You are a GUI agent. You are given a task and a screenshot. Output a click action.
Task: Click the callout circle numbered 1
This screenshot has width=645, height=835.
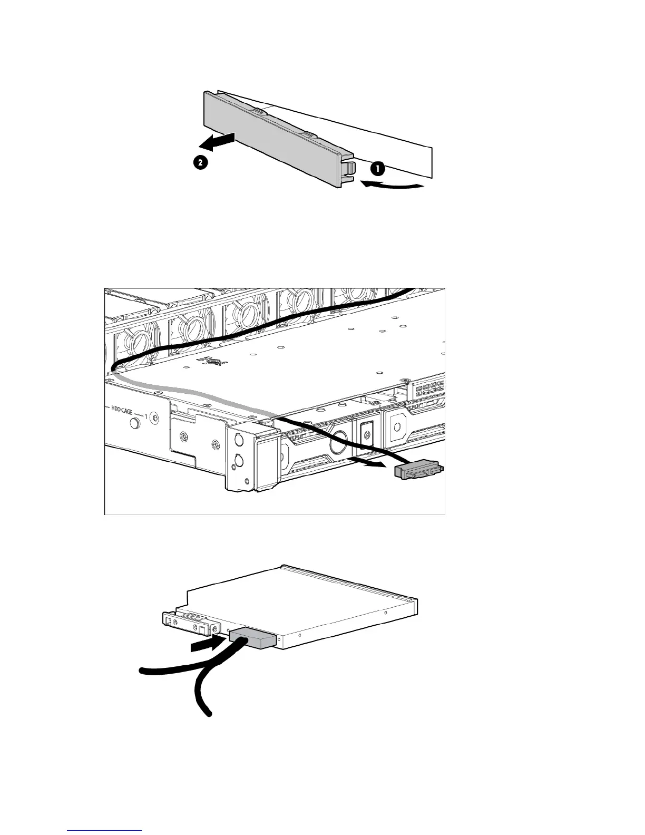(x=377, y=169)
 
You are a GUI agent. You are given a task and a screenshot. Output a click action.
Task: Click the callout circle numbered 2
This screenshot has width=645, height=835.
(x=199, y=163)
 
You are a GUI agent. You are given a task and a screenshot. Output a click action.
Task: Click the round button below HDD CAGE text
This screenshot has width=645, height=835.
(x=136, y=422)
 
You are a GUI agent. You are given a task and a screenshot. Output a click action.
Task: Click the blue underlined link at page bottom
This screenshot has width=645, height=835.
(x=105, y=831)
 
